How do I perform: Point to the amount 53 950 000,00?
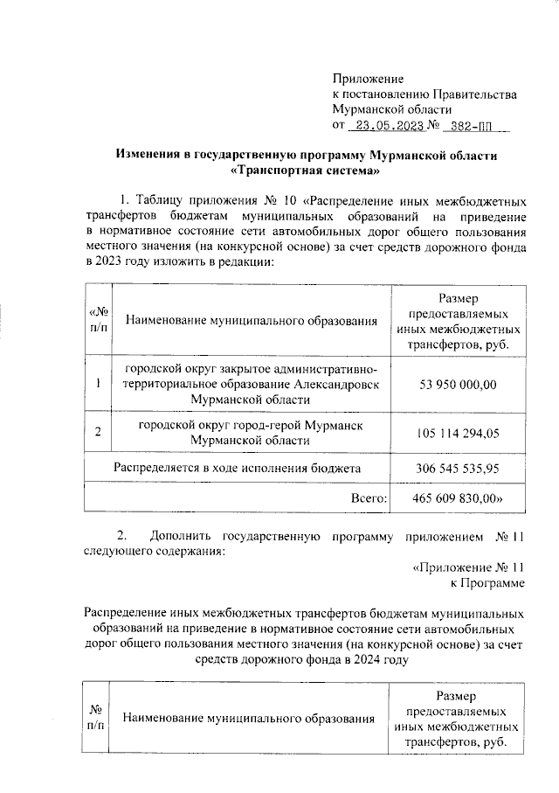pos(459,384)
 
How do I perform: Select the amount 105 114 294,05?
pos(459,433)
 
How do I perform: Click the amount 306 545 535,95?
pos(459,470)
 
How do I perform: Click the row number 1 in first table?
pos(98,384)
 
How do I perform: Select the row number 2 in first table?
pos(98,432)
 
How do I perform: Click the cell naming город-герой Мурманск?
pos(251,432)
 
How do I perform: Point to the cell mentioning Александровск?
pos(251,384)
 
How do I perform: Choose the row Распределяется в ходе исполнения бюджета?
pos(238,470)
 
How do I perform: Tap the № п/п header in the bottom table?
pos(96,717)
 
